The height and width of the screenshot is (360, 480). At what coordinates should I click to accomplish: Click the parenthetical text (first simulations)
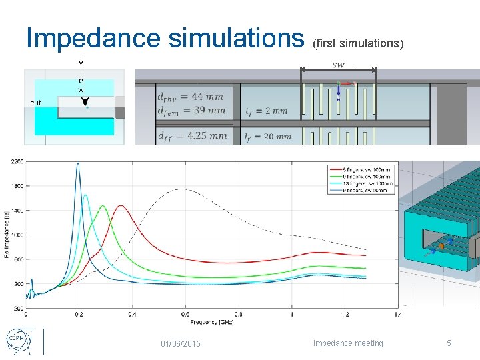coord(357,43)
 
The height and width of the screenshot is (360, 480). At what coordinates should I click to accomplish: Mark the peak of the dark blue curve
coord(78,163)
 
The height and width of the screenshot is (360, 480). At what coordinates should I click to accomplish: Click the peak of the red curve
coord(121,206)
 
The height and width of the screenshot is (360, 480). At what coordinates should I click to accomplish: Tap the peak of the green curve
coord(103,206)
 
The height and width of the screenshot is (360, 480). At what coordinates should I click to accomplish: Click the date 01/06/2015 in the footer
coord(181,343)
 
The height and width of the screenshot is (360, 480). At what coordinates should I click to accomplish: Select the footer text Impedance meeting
coord(348,343)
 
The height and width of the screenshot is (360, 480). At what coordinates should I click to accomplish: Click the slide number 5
coord(449,343)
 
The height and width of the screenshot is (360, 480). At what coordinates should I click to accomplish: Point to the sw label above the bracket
coord(339,64)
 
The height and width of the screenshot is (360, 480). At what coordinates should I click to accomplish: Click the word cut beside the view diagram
coord(36,103)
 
